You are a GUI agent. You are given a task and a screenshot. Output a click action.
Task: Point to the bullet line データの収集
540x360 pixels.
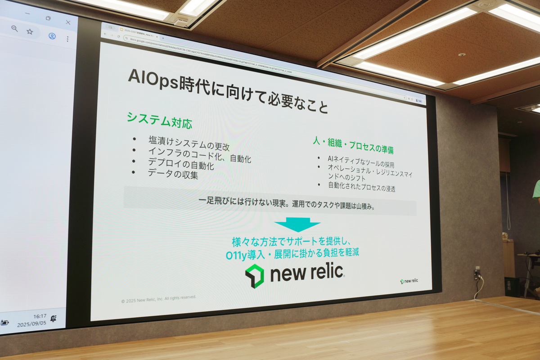tap(173, 174)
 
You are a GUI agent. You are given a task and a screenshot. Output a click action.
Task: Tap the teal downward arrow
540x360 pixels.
tap(297, 225)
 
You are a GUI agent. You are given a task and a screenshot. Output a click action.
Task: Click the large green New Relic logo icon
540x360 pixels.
tap(255, 275)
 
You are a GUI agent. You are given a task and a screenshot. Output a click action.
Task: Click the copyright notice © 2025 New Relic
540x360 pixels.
tap(158, 299)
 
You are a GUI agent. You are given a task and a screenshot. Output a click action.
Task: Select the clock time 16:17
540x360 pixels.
tap(39, 316)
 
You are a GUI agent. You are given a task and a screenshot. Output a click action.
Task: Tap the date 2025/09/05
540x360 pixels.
tap(31, 324)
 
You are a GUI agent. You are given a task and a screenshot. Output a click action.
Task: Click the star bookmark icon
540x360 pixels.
tap(30, 31)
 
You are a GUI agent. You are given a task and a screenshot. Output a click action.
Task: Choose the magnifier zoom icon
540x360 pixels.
tap(14, 29)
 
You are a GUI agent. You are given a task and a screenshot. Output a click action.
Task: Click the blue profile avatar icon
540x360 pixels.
tap(52, 36)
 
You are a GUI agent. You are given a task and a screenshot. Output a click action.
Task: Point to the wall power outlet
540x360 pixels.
tap(477, 273)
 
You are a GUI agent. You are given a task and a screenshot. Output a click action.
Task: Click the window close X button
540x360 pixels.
tap(68, 22)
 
